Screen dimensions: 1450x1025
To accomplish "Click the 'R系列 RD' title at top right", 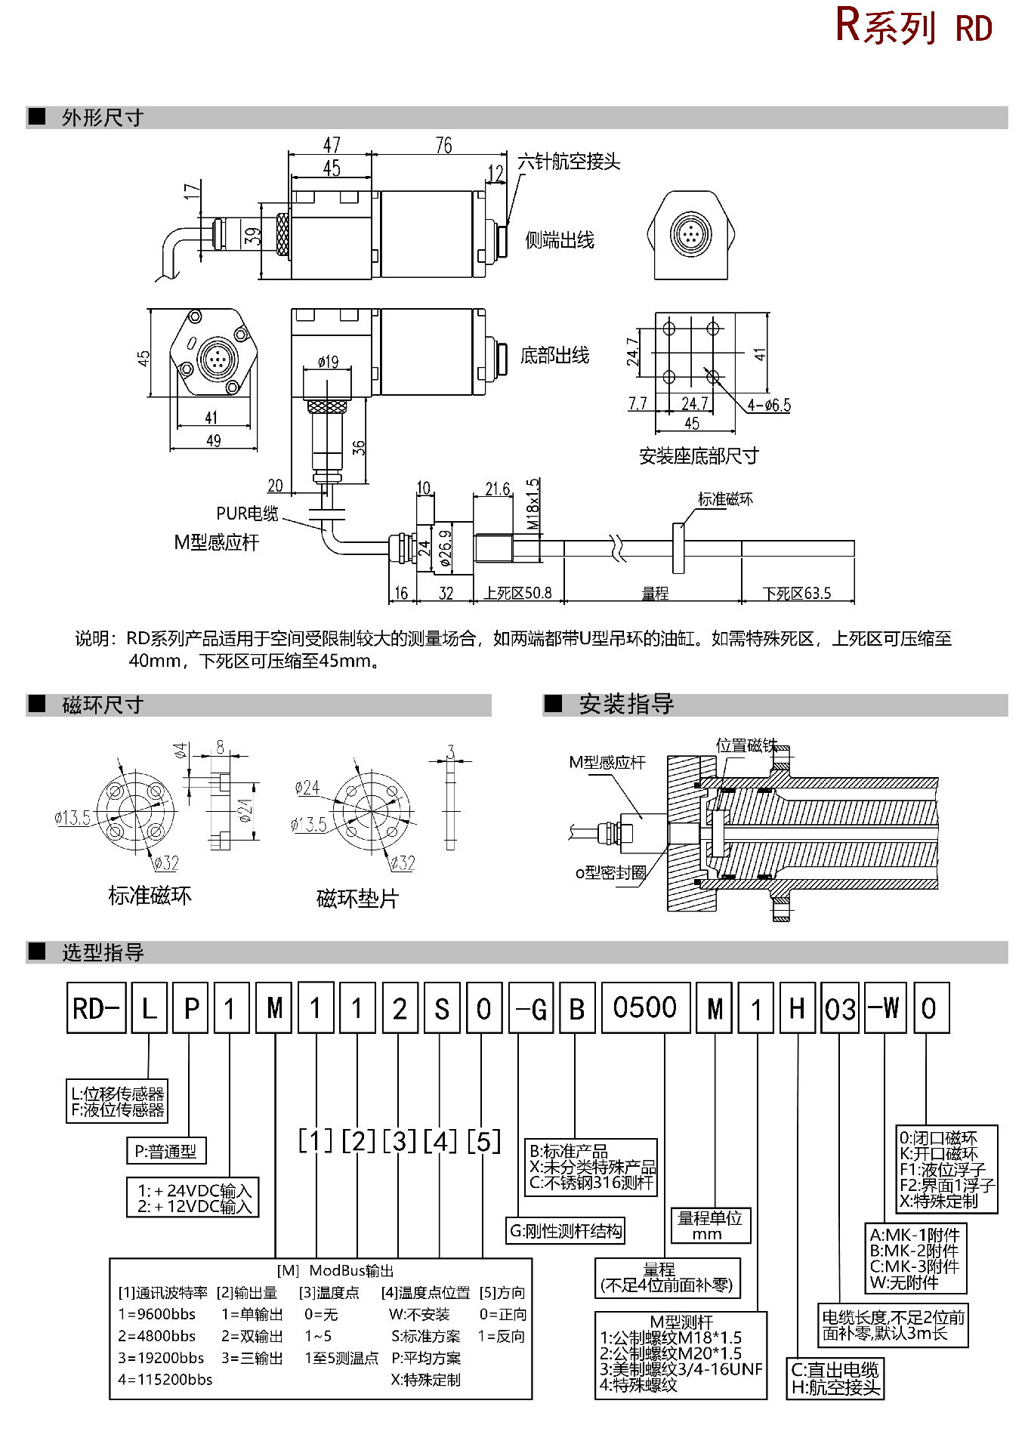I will [914, 27].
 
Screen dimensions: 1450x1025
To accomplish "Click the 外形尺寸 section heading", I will [102, 118].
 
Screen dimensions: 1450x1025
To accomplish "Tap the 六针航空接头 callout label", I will [568, 162].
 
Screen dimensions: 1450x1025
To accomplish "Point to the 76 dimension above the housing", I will [443, 145].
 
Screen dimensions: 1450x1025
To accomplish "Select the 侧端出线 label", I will [560, 240].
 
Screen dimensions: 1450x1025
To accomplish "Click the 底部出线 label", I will [554, 355].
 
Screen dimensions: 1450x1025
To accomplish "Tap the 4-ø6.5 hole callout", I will [769, 406].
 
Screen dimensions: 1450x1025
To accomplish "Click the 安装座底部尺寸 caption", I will [698, 455].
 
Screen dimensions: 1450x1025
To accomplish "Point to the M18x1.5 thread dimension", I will [533, 504].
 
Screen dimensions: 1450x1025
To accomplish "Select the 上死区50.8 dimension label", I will [518, 594].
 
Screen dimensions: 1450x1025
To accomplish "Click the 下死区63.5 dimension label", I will [797, 594].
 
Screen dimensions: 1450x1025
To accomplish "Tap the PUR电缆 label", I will [247, 514].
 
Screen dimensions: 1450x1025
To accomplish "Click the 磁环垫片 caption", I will [357, 899].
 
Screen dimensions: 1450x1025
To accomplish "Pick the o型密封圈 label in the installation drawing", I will [610, 873].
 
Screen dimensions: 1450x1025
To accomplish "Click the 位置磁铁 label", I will [746, 745].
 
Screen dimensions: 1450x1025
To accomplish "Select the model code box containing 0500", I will [645, 1007].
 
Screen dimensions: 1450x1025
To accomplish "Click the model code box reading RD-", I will [96, 1008].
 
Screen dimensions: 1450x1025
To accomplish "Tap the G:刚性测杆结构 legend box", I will [566, 1231].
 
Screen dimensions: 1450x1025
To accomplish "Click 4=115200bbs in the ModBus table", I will [165, 1380].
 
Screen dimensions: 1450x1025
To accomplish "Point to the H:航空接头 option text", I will [835, 1387].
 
